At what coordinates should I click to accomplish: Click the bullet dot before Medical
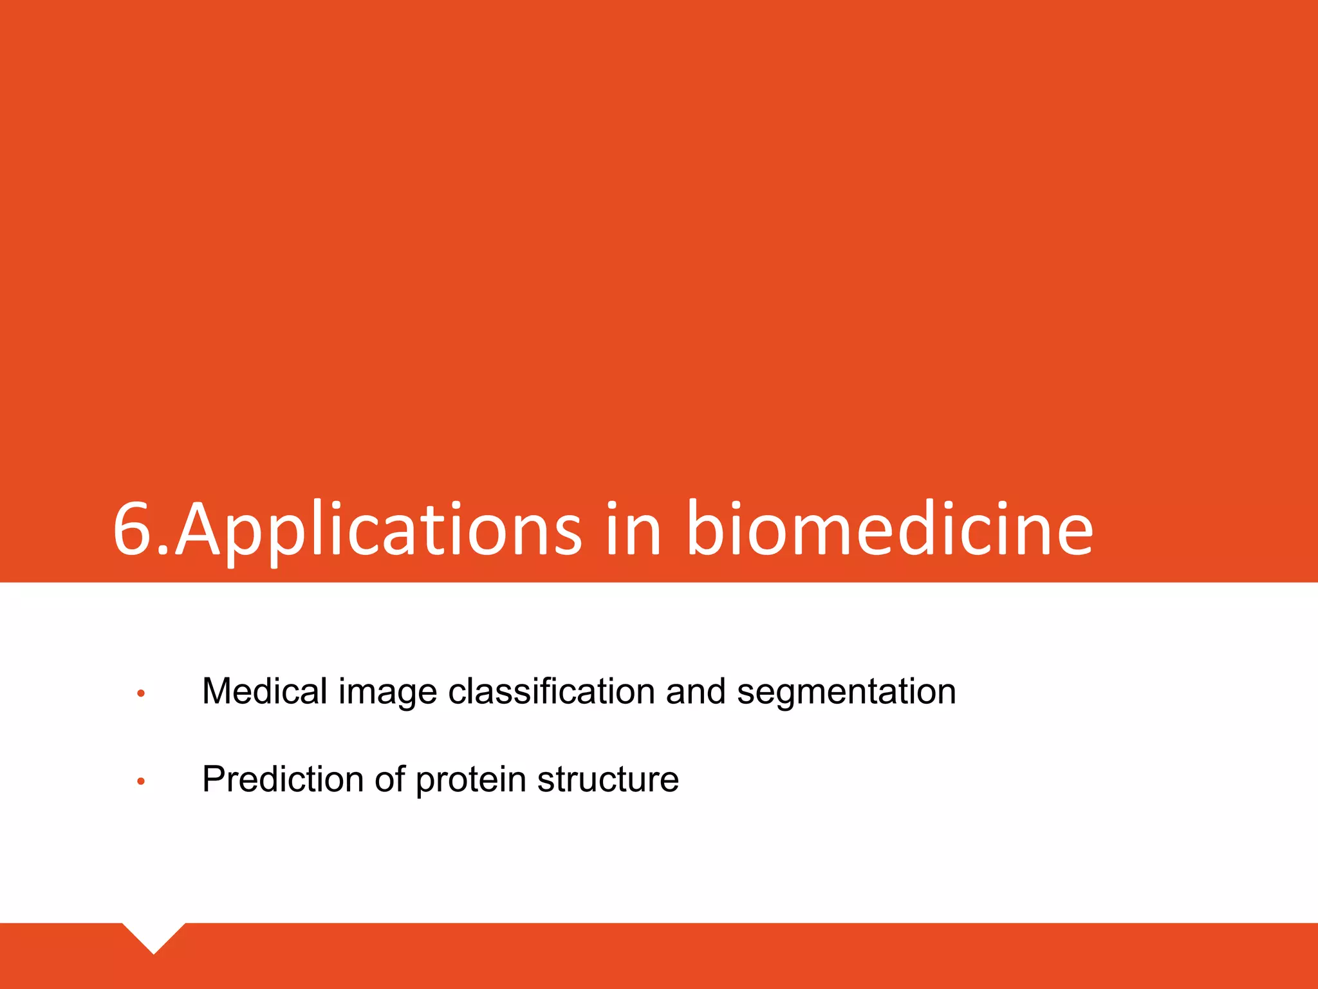(x=141, y=693)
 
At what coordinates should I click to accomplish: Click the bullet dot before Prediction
(x=141, y=782)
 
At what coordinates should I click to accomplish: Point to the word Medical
(x=265, y=691)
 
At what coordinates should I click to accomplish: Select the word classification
(x=551, y=691)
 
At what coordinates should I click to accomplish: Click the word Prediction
(x=283, y=779)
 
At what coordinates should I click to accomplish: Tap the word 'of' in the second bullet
(x=389, y=779)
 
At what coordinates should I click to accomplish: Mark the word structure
(x=608, y=779)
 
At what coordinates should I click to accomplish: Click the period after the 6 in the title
(x=163, y=551)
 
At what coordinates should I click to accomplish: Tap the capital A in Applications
(x=198, y=529)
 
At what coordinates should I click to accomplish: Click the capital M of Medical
(x=218, y=691)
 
